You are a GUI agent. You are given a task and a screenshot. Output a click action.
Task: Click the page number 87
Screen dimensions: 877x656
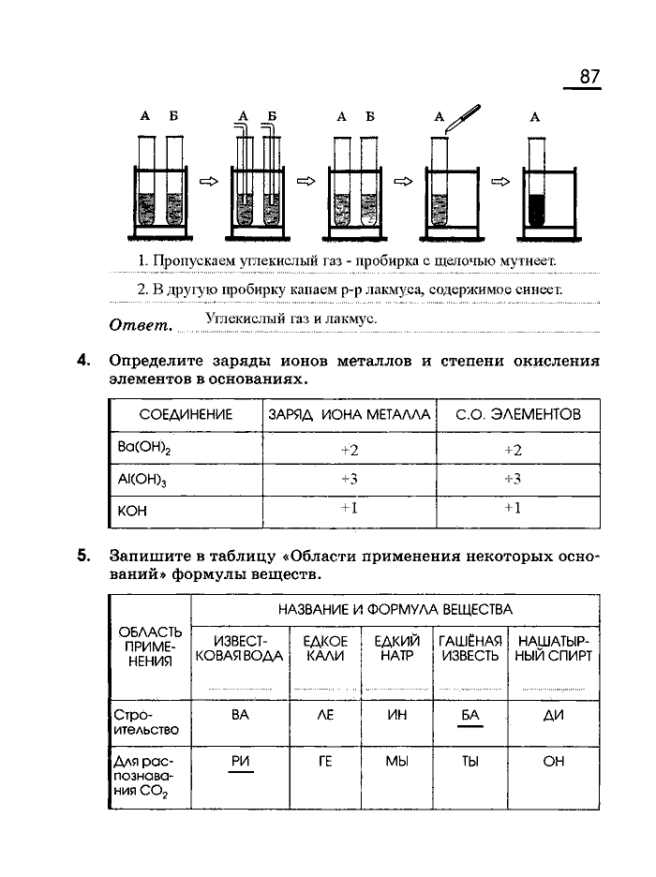pyautogui.click(x=589, y=77)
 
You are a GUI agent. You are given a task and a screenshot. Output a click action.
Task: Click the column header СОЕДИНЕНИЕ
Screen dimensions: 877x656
pyautogui.click(x=186, y=414)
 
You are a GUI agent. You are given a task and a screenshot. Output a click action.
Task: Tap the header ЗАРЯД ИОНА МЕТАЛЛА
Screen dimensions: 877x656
pyautogui.click(x=350, y=414)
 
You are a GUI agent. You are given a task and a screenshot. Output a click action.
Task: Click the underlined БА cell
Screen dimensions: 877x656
pyautogui.click(x=470, y=715)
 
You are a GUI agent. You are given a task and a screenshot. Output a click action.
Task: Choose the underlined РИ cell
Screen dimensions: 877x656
pyautogui.click(x=240, y=762)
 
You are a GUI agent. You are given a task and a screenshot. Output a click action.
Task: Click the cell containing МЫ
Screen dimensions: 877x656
pyautogui.click(x=397, y=762)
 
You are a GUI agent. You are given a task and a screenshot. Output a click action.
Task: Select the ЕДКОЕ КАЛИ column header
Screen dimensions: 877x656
pyautogui.click(x=325, y=648)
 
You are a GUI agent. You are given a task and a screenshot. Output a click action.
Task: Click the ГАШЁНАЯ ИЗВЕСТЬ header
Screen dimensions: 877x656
pyautogui.click(x=470, y=648)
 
